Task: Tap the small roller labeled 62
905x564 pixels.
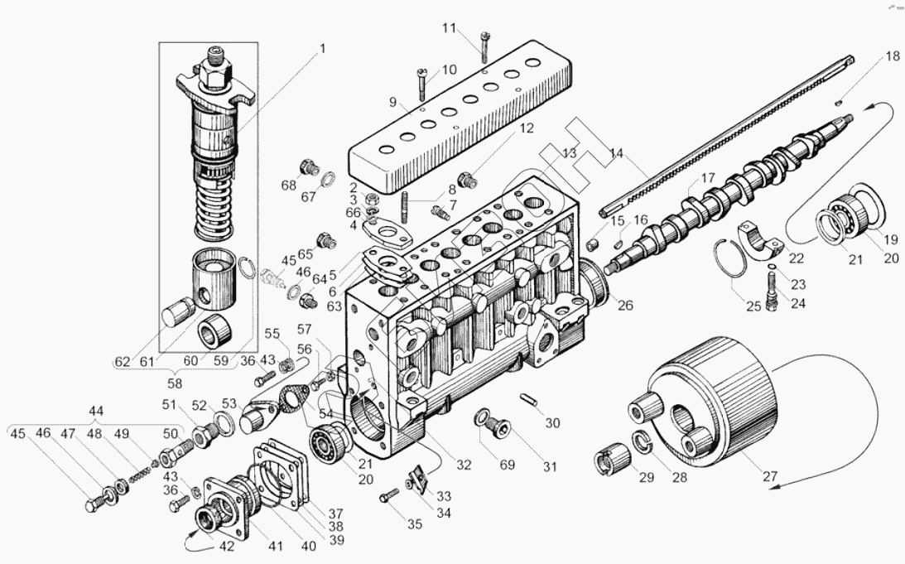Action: [x=179, y=315]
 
